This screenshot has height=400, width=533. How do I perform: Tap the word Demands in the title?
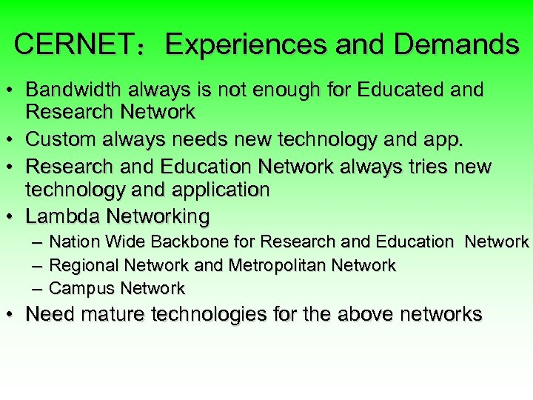[x=456, y=45]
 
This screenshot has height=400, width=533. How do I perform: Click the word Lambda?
[x=63, y=216]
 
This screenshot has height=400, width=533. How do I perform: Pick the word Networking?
[x=158, y=217]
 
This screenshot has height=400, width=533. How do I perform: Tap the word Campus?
[x=82, y=288]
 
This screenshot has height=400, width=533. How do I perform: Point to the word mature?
[x=113, y=314]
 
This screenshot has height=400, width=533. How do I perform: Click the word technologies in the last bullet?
[x=212, y=314]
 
